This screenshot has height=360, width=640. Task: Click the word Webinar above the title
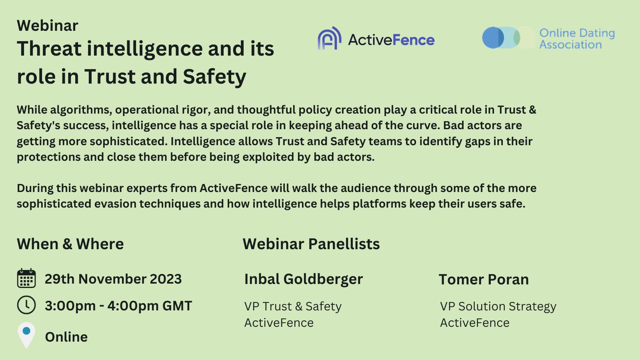pos(48,26)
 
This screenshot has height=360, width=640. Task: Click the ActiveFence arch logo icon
pos(330,38)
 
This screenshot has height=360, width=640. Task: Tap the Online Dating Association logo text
pos(577,38)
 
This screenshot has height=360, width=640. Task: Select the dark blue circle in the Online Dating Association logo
pos(493,38)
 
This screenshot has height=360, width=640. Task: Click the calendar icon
pos(26,278)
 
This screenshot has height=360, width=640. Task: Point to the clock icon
pos(26,305)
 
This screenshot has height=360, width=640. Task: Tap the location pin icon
pos(26,335)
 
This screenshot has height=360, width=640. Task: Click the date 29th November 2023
pos(113,279)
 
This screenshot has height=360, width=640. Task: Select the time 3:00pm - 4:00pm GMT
pos(118,306)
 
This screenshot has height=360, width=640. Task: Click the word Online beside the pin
pos(66,337)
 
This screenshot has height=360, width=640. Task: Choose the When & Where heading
pos(70,244)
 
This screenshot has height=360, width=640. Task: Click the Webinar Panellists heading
pos(311,244)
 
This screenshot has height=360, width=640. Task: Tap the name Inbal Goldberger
pos(304,279)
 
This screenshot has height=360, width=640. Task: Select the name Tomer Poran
pos(484,279)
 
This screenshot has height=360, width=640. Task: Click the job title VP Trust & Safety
pos(293,306)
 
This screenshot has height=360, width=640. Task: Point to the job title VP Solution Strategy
pos(498,307)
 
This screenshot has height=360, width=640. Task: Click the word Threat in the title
pos(50,48)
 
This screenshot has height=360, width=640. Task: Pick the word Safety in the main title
pos(214,77)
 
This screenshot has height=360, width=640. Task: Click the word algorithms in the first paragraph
pos(81,110)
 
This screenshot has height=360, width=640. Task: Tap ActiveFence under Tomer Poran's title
pos(474,323)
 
